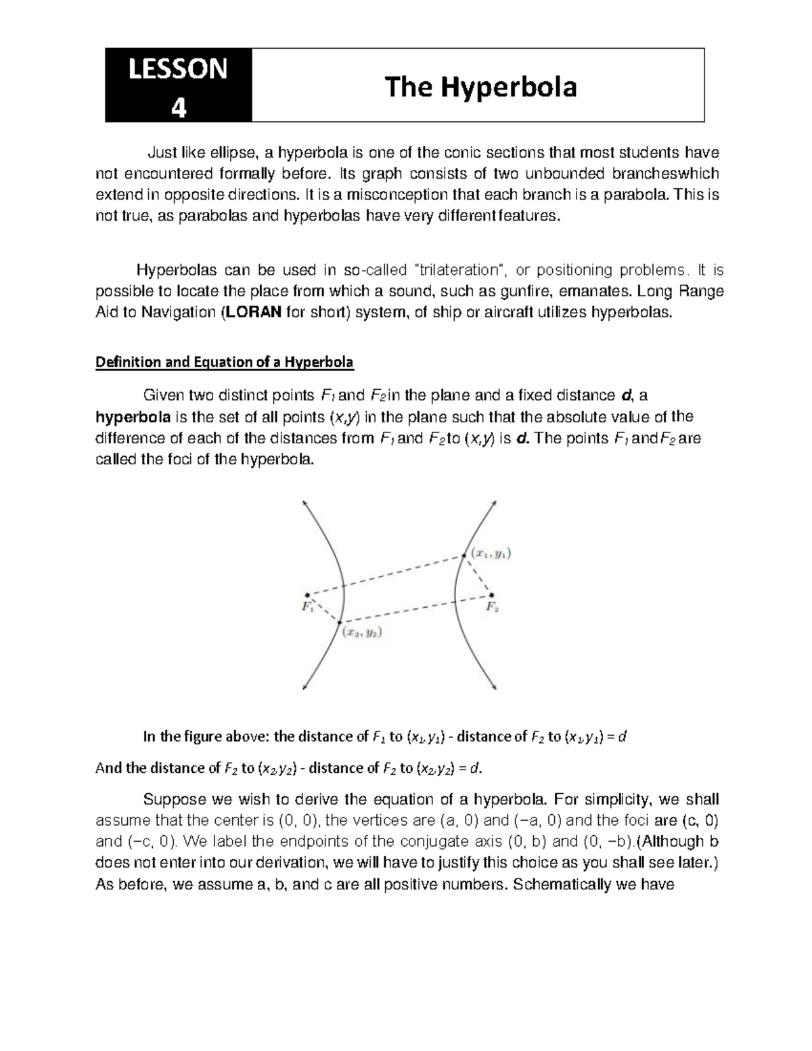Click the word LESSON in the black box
coord(178,70)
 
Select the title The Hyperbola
coord(480,87)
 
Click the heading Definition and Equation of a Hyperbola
coord(225,362)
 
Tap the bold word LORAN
coord(252,313)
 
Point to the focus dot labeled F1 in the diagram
coord(307,595)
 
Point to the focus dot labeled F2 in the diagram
coord(491,596)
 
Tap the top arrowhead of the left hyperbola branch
coord(304,502)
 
